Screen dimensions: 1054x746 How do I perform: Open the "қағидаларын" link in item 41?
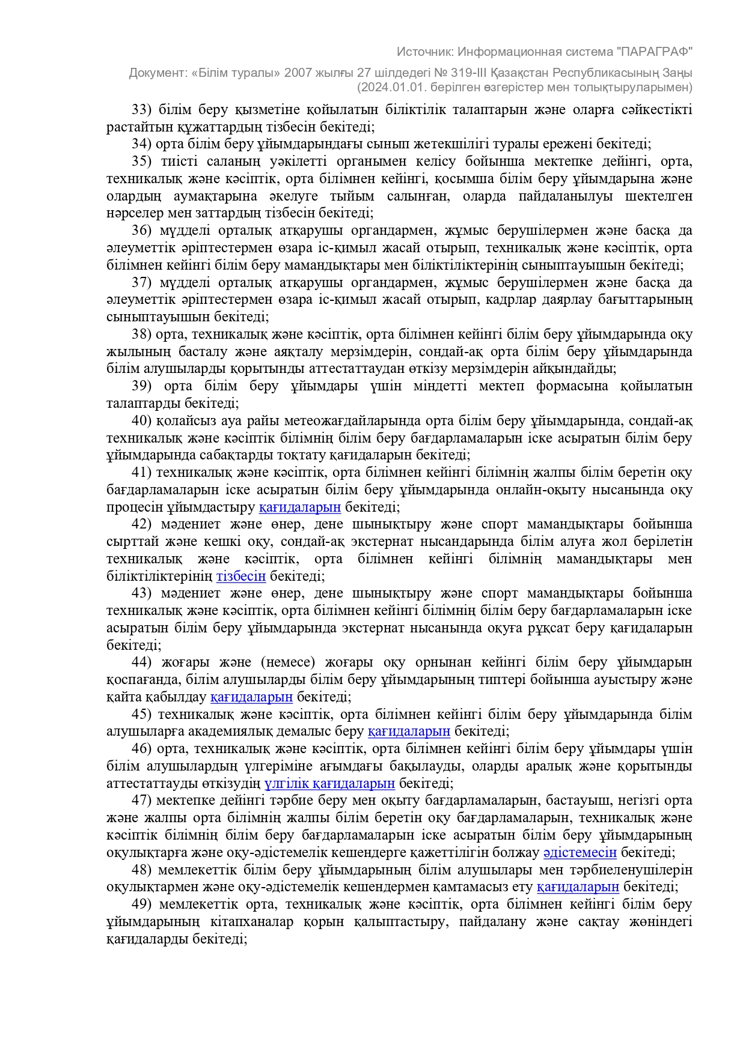(x=299, y=507)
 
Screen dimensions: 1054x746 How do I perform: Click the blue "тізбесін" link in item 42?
(x=240, y=577)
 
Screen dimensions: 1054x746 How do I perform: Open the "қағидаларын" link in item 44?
(x=251, y=697)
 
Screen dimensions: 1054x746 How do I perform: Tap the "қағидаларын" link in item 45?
(x=409, y=731)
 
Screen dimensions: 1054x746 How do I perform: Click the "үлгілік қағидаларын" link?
(x=329, y=783)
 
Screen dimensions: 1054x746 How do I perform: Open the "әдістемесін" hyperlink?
(x=579, y=852)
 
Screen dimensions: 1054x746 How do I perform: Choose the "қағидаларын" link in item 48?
(x=578, y=887)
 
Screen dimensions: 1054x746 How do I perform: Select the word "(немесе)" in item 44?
(x=288, y=662)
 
